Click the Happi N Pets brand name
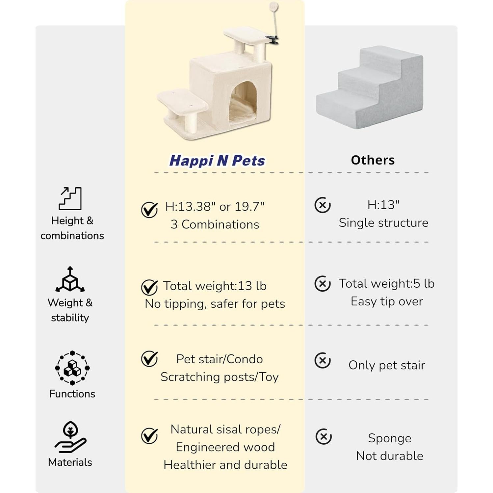[217, 161]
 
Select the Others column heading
[373, 160]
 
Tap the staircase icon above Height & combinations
[70, 198]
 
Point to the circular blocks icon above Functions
[72, 368]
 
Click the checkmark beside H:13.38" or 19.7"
[149, 210]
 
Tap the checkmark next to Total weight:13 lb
[149, 287]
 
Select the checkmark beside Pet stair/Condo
[149, 358]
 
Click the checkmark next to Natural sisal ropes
[149, 436]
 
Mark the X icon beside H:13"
[323, 205]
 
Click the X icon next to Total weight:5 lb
[323, 284]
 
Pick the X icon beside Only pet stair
[323, 360]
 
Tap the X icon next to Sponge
[324, 437]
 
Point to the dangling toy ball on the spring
[273, 7]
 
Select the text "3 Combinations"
[215, 224]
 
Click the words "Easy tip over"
[387, 301]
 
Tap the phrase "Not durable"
[389, 456]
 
